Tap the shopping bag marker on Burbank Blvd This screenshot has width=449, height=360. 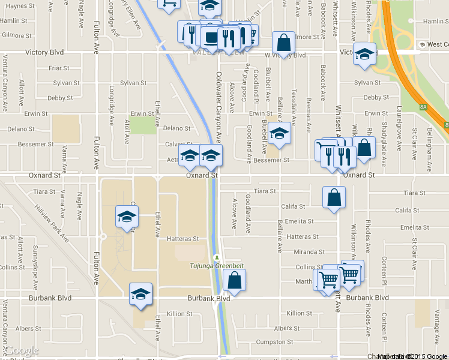click(x=234, y=280)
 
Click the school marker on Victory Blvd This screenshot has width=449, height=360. click(x=364, y=55)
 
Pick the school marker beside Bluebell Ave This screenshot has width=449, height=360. click(x=279, y=134)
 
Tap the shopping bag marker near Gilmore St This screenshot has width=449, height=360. click(x=283, y=43)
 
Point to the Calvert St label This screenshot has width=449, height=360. click(x=178, y=144)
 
